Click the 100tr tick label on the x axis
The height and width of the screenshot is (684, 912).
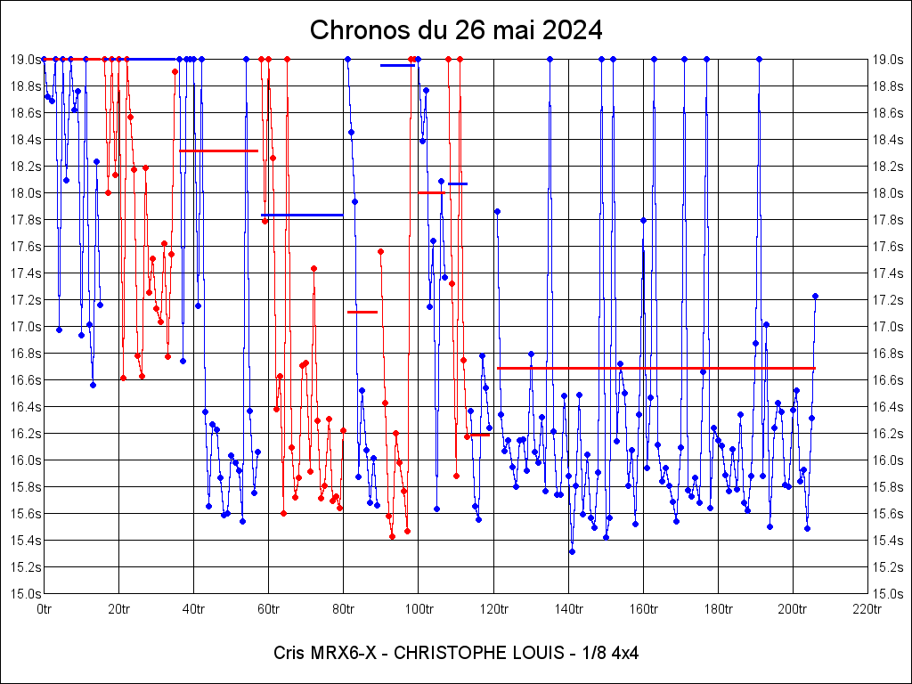coord(419,609)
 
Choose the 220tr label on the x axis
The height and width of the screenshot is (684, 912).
coord(867,609)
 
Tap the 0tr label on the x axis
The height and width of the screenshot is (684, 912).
coord(45,609)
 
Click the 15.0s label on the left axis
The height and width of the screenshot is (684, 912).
coord(26,593)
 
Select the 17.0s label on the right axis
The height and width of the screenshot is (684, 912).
coord(888,326)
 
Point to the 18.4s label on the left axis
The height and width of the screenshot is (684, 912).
coord(26,139)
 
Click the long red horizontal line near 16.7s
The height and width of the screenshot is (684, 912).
coord(655,368)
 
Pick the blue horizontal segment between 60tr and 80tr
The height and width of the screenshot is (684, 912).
coord(302,215)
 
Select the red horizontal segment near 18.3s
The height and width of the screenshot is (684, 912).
coord(219,151)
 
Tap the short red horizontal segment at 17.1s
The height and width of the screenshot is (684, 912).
coord(362,312)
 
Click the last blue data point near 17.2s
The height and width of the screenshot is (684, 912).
coord(815,296)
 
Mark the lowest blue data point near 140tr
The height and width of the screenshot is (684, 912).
coord(572,551)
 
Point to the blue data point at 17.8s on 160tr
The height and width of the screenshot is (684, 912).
coord(643,220)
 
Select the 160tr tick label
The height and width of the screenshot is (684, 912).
coord(643,609)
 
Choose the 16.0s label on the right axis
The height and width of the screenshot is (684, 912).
coord(888,460)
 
